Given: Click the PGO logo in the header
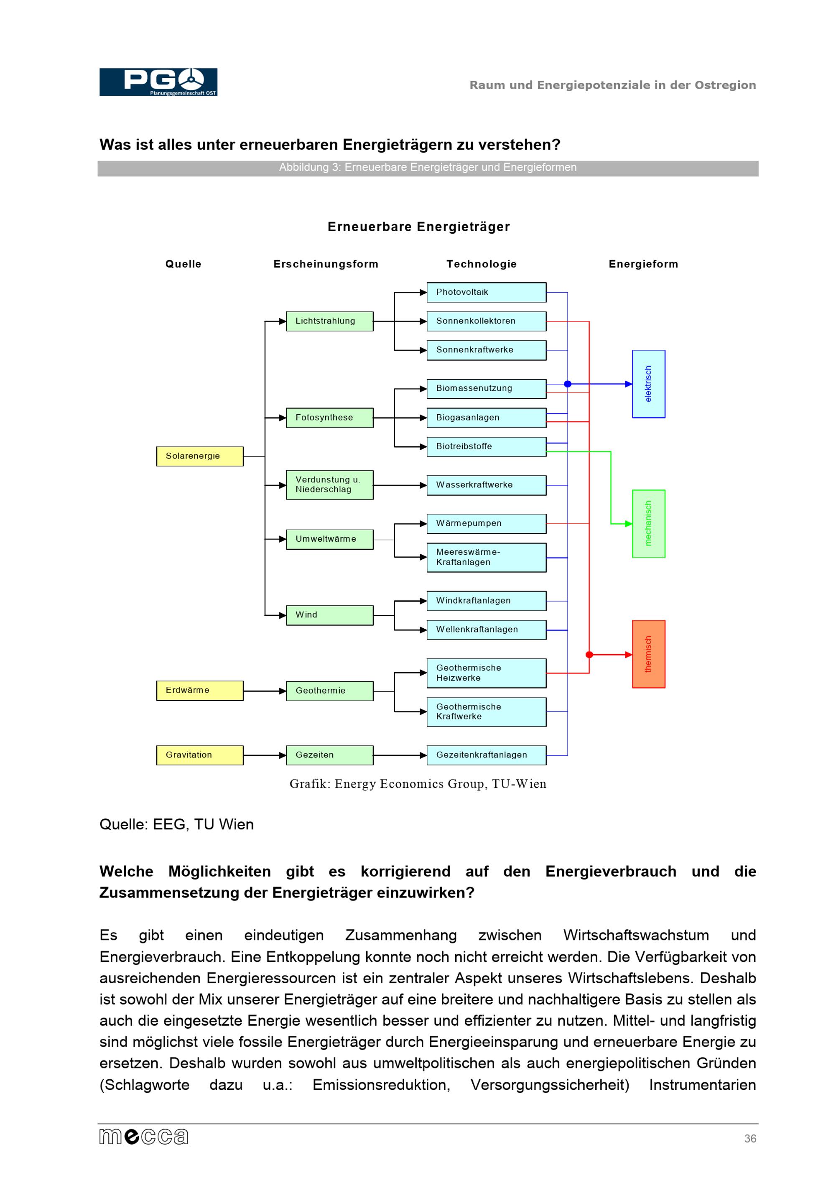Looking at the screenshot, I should [x=158, y=82].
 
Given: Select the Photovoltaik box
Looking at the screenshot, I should [x=486, y=292].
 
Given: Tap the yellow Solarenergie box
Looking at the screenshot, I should [x=199, y=456].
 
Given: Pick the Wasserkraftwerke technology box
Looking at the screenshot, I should [x=486, y=485].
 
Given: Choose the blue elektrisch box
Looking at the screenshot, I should [x=648, y=384].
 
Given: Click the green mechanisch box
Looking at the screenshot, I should [x=648, y=523].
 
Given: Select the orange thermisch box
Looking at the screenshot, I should [x=648, y=654].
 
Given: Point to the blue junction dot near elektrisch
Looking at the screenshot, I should [x=568, y=384].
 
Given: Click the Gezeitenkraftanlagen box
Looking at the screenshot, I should [x=486, y=755].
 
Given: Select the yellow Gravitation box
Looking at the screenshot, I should [x=199, y=755].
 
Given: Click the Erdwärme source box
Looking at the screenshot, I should [x=199, y=691].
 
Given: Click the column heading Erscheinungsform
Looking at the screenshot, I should [x=326, y=264].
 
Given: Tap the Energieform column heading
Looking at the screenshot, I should [x=643, y=264].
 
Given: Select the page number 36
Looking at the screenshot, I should [x=750, y=1138].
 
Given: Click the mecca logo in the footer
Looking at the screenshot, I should [x=144, y=1136].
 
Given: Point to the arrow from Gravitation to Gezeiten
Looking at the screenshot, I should [x=264, y=755].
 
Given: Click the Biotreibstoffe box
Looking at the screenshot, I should [x=486, y=446].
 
